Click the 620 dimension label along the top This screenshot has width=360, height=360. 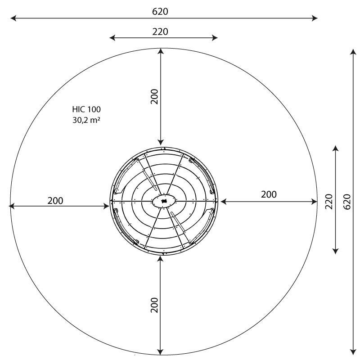point(160,12)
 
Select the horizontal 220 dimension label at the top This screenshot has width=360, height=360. point(160,31)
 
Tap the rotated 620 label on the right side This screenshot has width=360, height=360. point(347,202)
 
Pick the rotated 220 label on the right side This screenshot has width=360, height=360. point(329,201)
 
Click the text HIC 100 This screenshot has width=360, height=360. point(86,109)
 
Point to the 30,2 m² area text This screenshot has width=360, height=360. point(86,120)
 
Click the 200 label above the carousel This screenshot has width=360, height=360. point(154,96)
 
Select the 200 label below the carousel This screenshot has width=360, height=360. point(154,305)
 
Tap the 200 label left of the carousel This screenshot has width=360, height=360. point(55,201)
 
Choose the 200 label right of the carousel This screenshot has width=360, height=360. point(269,194)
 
